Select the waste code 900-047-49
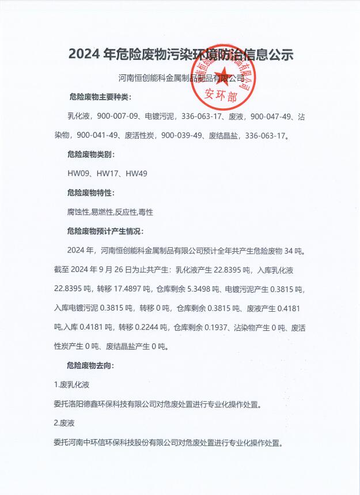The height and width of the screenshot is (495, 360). point(271,116)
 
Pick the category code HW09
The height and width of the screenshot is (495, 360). point(77,173)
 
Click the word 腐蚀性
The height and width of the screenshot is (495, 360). point(78,212)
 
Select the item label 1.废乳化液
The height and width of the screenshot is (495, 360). point(71,384)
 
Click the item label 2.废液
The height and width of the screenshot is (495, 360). point(63,423)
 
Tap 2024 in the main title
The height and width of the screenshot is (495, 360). point(84,55)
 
